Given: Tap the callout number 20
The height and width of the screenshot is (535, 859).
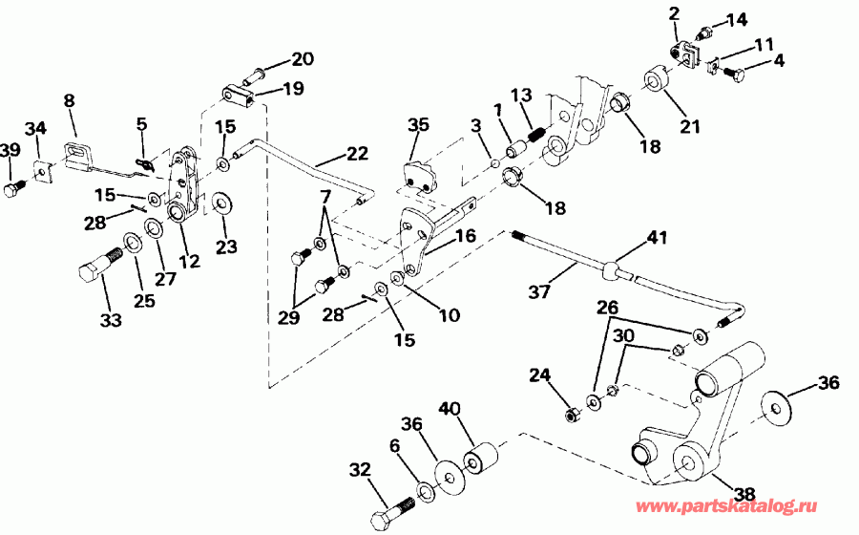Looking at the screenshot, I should (x=303, y=59).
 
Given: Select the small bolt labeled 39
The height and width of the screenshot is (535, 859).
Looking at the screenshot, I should (x=12, y=190).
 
